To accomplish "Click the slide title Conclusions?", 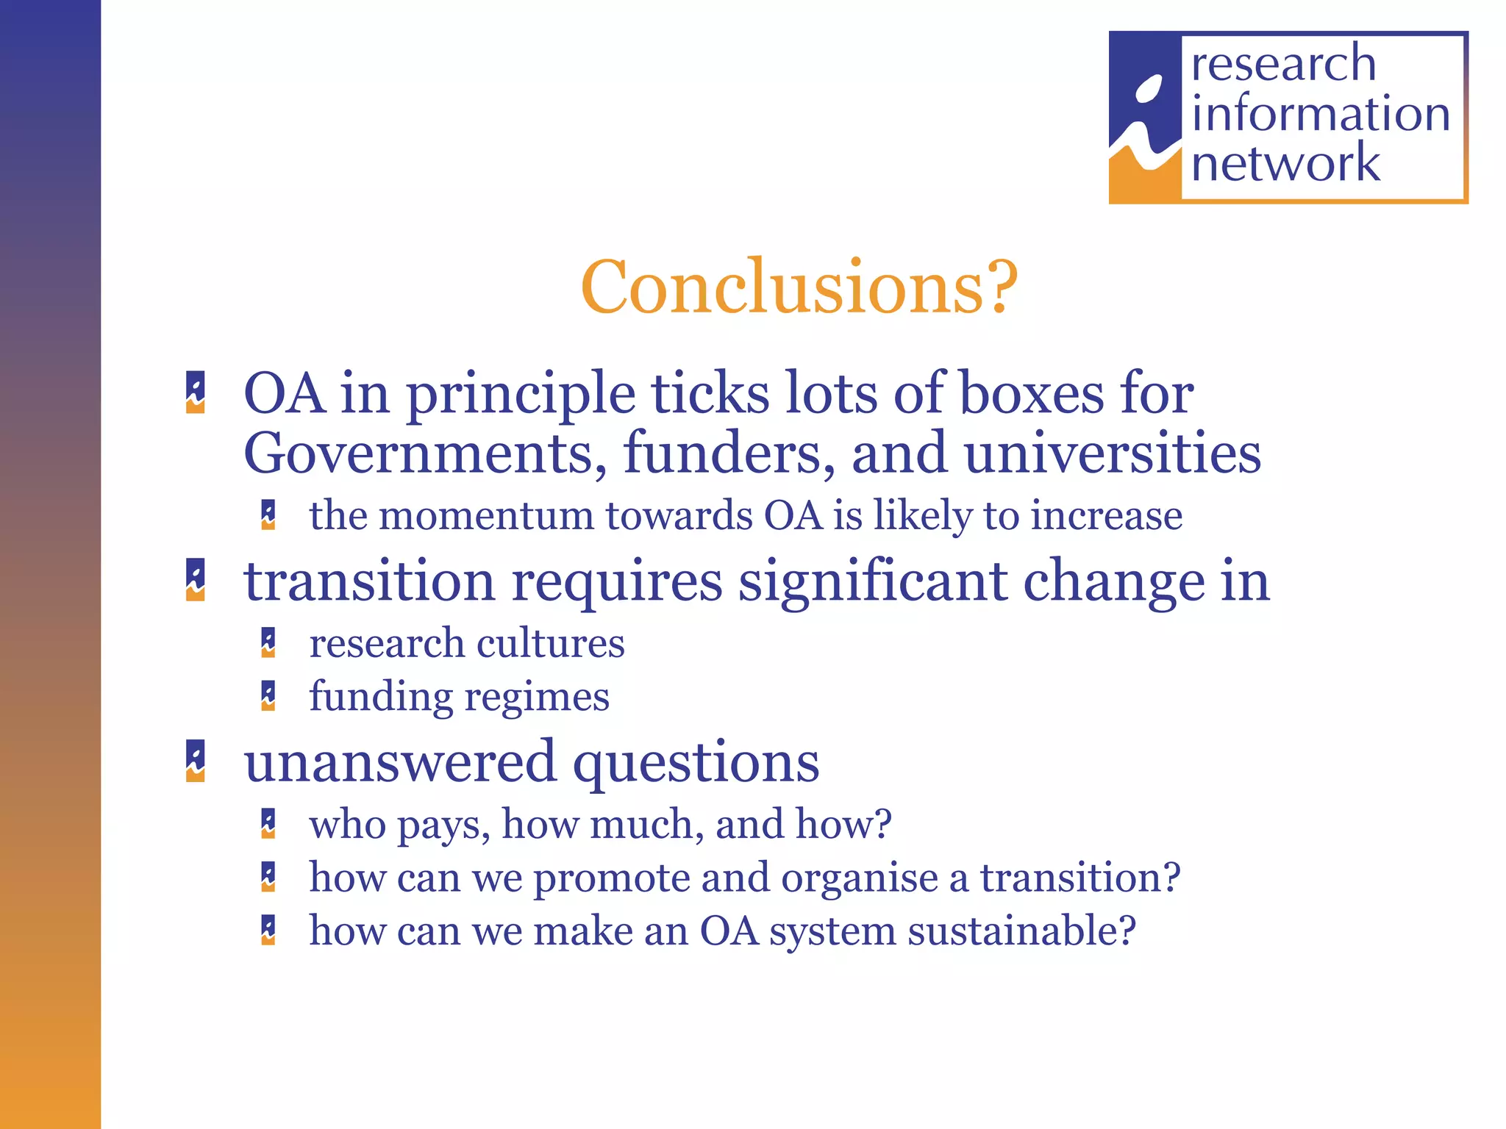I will [799, 287].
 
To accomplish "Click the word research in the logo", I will [1283, 64].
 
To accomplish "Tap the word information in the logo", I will [1321, 114].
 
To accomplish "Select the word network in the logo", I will [1285, 163].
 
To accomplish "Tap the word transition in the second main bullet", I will [369, 581].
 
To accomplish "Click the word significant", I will [872, 581].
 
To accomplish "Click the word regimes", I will [537, 698].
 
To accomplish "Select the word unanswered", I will [400, 762].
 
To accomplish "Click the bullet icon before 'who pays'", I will [268, 823].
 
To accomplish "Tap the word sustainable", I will [1021, 931].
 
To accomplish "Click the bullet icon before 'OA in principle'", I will [196, 393].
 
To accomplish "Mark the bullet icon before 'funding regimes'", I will [268, 696].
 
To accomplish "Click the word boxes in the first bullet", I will [1032, 394].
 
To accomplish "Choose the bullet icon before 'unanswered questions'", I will [196, 761].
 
